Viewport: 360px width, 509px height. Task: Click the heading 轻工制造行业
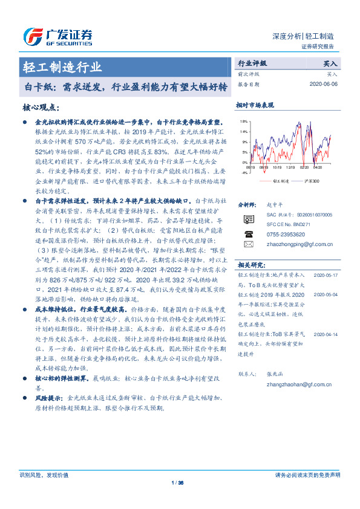click(x=63, y=66)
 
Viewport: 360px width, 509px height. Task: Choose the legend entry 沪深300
click(x=310, y=181)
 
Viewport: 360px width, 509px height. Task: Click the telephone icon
click(x=248, y=233)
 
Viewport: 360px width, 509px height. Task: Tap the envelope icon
click(x=248, y=244)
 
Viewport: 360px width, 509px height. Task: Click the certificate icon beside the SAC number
click(x=248, y=219)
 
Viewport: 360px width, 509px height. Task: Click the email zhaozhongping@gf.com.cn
click(x=294, y=243)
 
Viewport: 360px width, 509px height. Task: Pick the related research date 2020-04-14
click(x=326, y=333)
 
